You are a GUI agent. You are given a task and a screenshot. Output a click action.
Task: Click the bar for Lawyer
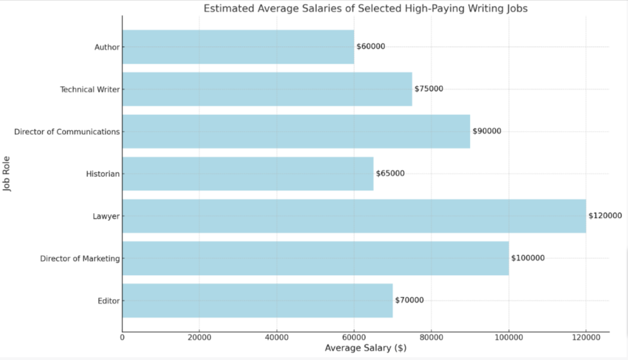(x=354, y=216)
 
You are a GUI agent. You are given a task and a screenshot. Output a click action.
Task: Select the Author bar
(x=238, y=47)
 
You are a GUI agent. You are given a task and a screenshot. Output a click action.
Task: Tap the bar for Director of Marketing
(x=315, y=258)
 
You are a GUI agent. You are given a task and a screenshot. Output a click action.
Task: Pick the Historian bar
(x=248, y=174)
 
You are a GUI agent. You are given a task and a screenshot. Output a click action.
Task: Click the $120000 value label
(x=605, y=216)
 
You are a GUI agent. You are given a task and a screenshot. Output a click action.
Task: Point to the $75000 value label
(x=428, y=88)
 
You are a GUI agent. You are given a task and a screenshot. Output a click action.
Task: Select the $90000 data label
(x=487, y=131)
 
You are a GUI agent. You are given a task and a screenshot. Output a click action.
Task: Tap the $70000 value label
(x=409, y=300)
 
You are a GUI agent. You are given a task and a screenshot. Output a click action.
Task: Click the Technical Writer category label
(x=90, y=90)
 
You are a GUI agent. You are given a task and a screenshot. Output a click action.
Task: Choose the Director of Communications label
(x=67, y=132)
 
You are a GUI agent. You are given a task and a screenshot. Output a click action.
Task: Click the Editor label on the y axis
(x=109, y=301)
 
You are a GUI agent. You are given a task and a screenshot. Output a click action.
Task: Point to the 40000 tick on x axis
(x=277, y=338)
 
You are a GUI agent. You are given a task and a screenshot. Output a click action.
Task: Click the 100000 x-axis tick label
(x=509, y=338)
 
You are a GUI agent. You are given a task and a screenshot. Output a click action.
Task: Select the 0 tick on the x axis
(x=123, y=338)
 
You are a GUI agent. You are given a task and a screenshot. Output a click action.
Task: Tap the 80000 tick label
(x=431, y=338)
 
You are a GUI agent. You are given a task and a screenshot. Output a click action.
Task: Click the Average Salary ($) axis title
(x=365, y=349)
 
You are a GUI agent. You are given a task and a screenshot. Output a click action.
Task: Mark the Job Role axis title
(x=8, y=174)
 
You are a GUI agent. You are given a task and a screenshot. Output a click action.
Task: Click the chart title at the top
(x=365, y=8)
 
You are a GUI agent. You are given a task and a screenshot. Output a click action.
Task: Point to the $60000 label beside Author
(x=371, y=46)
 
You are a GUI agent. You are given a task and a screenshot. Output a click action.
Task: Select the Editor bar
(x=257, y=300)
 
